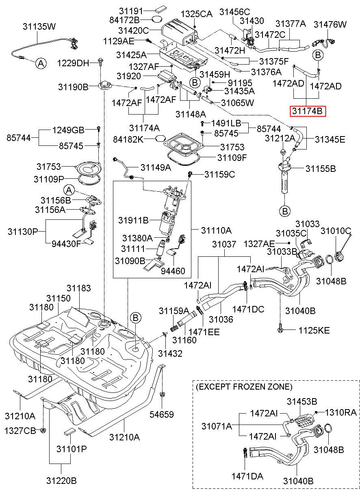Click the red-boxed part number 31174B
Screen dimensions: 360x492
[308, 111]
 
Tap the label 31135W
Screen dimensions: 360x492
[39, 26]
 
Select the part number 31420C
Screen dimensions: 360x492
[134, 30]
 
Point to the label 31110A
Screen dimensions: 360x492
[216, 230]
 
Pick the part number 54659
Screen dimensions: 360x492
[162, 414]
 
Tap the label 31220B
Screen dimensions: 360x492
[61, 481]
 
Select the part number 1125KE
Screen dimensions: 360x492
[314, 330]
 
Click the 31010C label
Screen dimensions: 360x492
[336, 231]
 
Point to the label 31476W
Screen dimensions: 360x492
[330, 24]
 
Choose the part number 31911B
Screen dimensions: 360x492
[134, 220]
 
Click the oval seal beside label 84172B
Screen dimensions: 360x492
[157, 20]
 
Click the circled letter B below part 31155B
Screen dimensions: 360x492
[285, 211]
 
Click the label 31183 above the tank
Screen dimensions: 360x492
[79, 288]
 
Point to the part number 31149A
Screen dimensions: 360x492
[156, 167]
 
